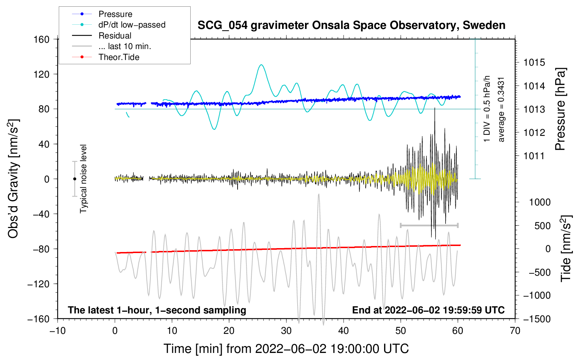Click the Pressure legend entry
tap(115, 14)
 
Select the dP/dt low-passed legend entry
tap(132, 25)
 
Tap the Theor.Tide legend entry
tap(119, 57)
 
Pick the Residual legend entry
tap(115, 36)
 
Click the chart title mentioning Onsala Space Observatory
tap(351, 25)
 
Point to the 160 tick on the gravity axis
tap(42, 39)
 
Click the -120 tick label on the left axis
tap(38, 284)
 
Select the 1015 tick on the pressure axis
tap(534, 62)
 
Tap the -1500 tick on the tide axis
tap(537, 319)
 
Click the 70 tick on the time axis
tap(515, 331)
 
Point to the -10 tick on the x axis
tap(58, 331)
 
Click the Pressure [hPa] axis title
tap(560, 109)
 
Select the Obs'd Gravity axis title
tap(13, 179)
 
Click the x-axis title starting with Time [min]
tap(286, 349)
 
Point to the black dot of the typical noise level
tap(74, 179)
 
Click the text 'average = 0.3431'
tap(501, 110)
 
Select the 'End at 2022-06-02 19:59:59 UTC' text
tap(428, 310)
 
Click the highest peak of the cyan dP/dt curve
tap(261, 65)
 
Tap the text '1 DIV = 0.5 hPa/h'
tap(487, 108)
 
